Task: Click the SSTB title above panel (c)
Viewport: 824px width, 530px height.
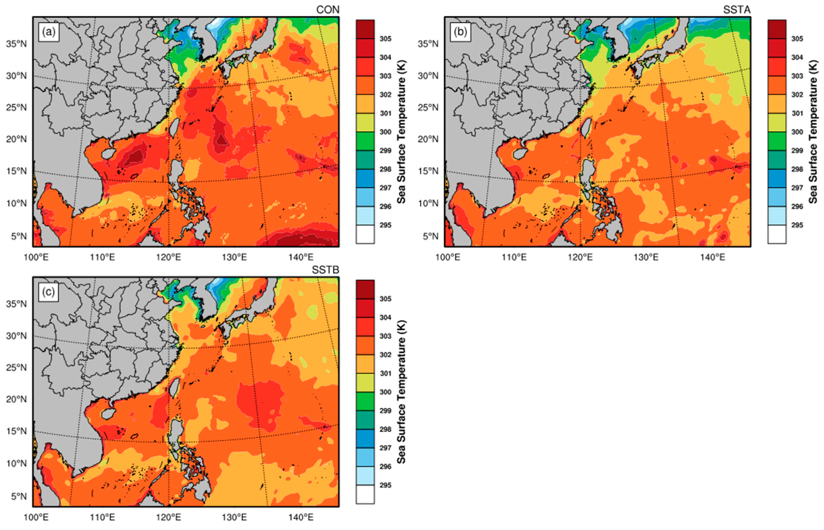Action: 325,270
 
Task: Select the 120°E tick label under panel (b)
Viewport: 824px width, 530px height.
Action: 582,257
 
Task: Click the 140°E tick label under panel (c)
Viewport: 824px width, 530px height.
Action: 302,517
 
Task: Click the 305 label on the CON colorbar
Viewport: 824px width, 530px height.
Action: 385,39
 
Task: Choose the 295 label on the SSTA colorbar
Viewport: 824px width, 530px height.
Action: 797,225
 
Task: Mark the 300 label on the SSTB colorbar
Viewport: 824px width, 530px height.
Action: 385,392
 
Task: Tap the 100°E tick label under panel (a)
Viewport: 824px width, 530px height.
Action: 41,257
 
